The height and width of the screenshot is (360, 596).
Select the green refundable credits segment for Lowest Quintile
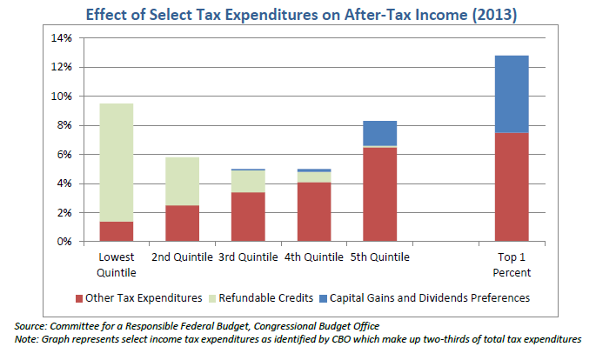coord(117,162)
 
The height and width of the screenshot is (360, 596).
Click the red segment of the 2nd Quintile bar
coord(183,223)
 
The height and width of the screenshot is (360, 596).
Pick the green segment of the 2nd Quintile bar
coord(183,181)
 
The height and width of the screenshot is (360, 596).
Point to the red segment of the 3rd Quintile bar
coord(249,217)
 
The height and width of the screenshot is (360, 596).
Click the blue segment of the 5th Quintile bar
coord(380,133)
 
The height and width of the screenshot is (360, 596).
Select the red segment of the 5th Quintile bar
coord(380,194)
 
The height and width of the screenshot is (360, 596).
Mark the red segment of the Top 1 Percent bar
coord(512,187)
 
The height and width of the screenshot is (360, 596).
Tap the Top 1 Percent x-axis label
coord(512,263)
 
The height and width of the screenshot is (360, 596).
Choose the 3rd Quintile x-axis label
coord(249,257)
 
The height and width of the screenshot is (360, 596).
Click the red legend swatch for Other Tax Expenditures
coord(78,298)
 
